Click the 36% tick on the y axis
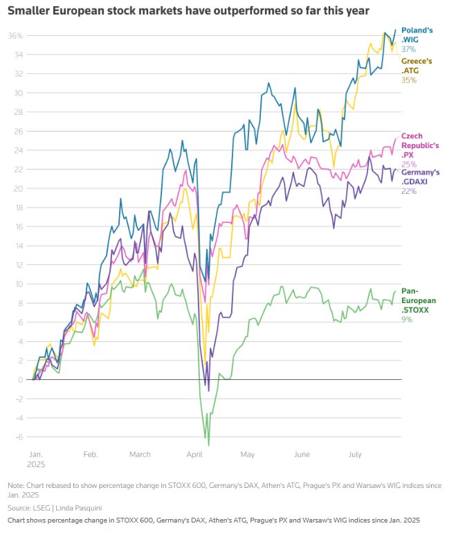coord(16,35)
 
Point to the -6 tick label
coord(17,437)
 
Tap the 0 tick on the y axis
coord(20,379)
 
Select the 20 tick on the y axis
coord(17,188)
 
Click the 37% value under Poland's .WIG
coord(409,49)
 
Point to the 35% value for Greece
coord(409,80)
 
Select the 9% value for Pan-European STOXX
coord(407,319)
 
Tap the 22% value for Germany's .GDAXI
coord(409,191)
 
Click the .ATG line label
coord(411,71)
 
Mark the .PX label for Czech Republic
coord(407,155)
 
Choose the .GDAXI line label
coord(417,181)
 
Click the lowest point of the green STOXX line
coord(208,445)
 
